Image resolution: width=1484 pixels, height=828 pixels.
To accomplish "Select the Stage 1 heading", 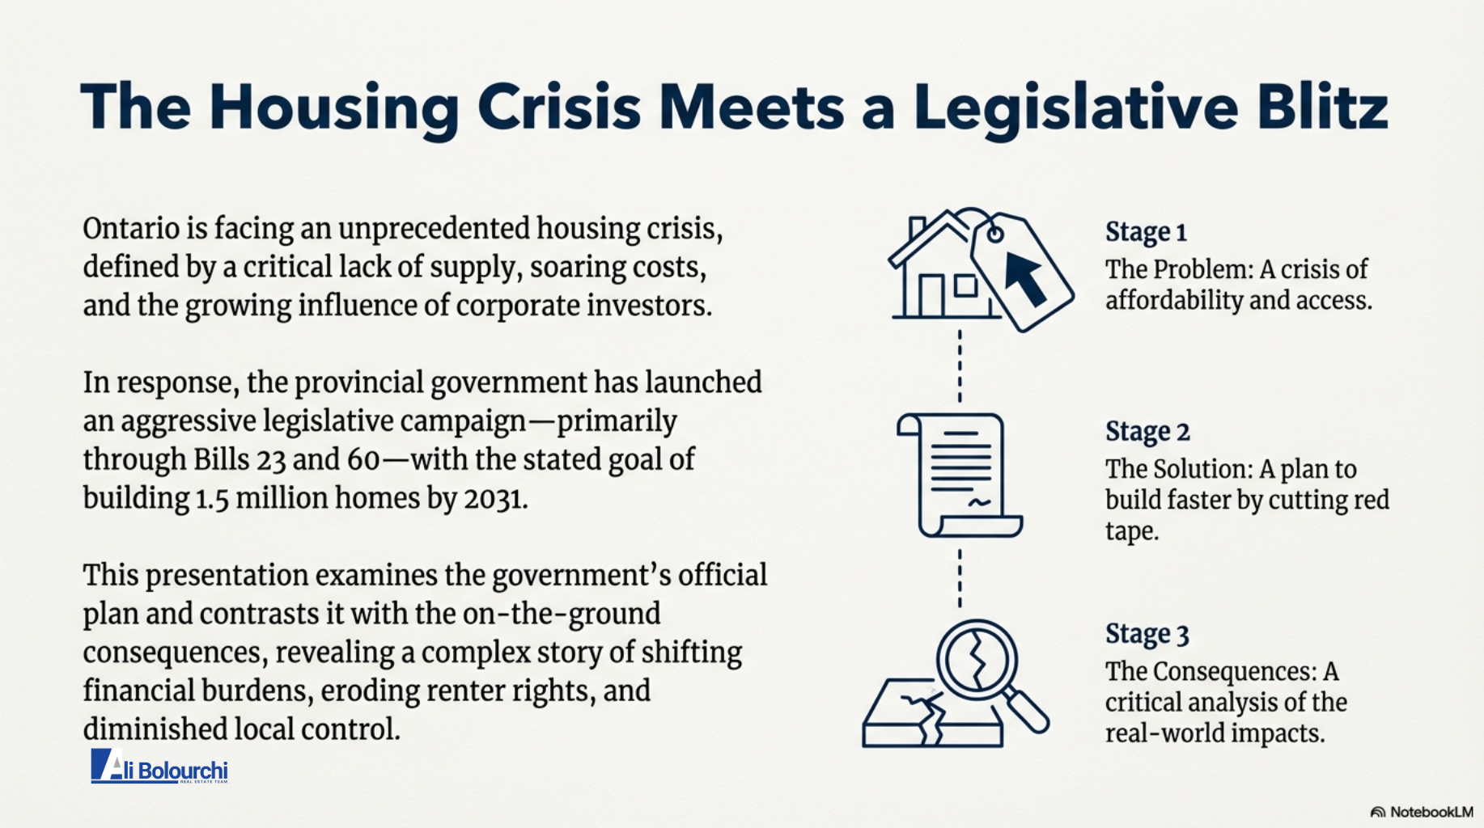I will tap(1146, 232).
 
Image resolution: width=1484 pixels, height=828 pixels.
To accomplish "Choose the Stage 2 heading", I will tap(1147, 432).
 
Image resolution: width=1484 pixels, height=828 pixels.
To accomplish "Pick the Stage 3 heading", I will tap(1147, 634).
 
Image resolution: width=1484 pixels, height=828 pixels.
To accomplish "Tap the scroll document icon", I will tap(960, 475).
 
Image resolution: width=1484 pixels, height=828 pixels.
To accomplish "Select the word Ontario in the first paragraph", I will tap(131, 229).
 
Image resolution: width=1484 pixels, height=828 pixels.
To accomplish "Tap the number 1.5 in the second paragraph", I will tap(212, 499).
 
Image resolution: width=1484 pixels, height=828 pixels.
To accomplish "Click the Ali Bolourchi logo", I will tap(159, 767).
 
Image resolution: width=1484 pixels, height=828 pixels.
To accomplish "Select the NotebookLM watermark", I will tap(1422, 812).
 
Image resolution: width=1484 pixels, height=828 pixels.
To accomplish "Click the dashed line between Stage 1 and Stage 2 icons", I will tap(960, 365).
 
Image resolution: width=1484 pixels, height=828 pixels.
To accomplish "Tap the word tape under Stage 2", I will tap(1131, 531).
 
